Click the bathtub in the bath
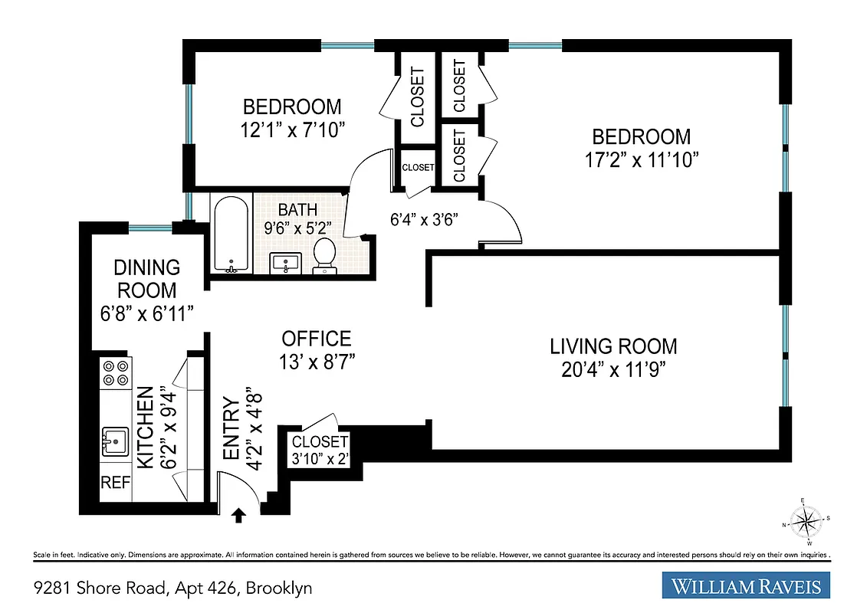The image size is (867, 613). (x=231, y=234)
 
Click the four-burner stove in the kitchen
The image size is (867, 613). (x=115, y=372)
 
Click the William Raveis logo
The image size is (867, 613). (x=747, y=587)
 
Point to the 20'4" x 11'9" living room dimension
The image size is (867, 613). (x=613, y=369)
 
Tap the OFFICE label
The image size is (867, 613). (x=317, y=339)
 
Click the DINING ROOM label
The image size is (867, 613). (x=146, y=279)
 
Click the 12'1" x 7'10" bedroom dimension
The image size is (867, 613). (x=292, y=129)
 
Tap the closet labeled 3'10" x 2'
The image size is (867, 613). (x=320, y=450)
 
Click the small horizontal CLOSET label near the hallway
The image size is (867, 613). (x=418, y=167)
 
